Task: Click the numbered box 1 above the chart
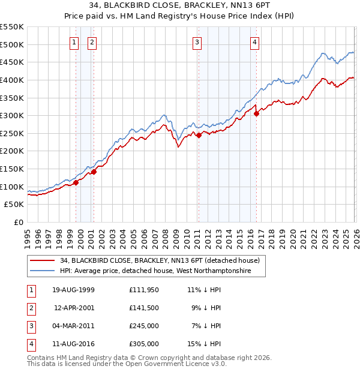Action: (x=74, y=42)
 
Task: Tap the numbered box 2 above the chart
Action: (x=92, y=42)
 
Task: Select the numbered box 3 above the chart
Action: (x=197, y=42)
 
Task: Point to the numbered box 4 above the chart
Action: (x=255, y=42)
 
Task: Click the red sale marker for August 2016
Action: (x=256, y=113)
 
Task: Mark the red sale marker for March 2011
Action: (x=199, y=135)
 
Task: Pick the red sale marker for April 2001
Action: (x=94, y=172)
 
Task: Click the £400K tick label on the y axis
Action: (x=12, y=80)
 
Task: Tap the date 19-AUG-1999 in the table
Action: (x=73, y=290)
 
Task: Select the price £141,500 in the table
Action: (x=143, y=308)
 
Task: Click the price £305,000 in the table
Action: (x=143, y=344)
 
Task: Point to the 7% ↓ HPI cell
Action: (x=206, y=326)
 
